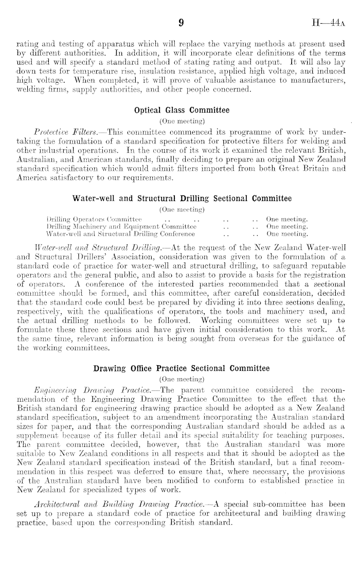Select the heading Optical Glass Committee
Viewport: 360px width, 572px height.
pos(182,110)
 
